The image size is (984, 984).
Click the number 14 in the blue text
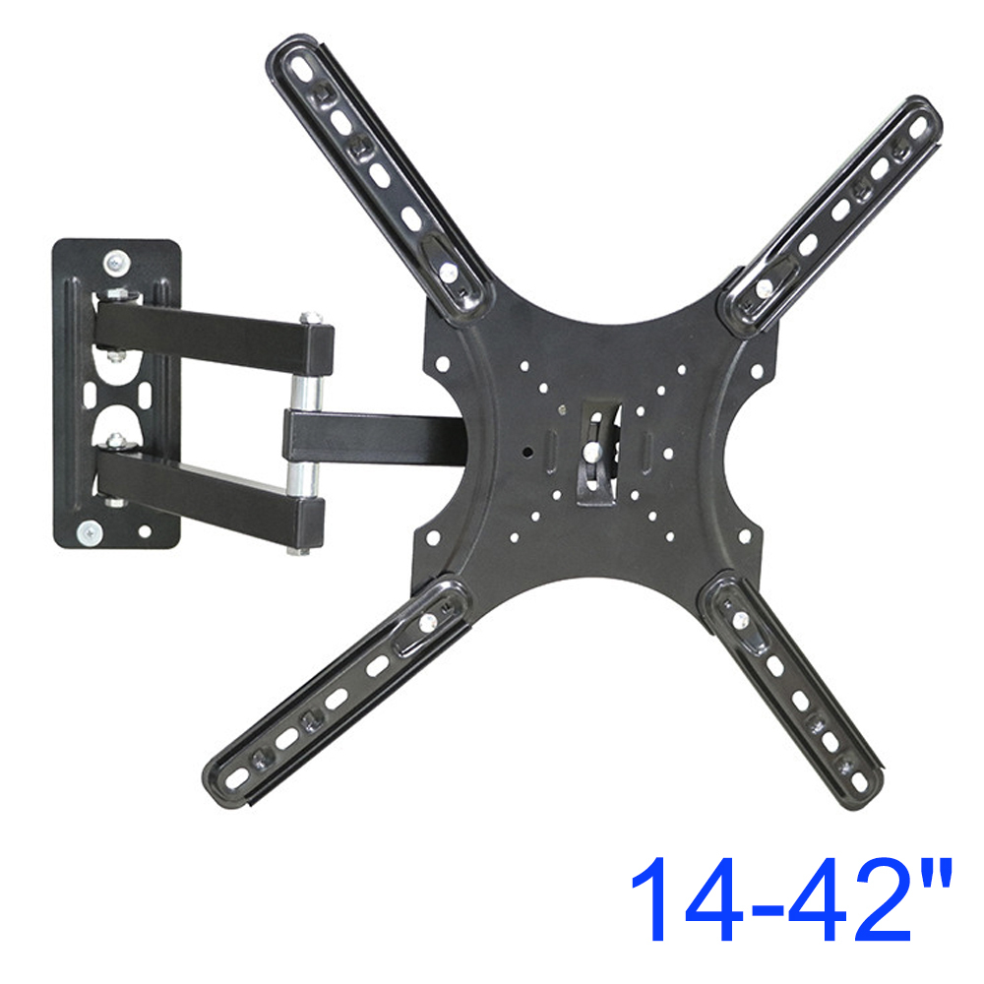[688, 898]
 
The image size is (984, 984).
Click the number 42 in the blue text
[850, 898]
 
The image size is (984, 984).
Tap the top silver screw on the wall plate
[116, 263]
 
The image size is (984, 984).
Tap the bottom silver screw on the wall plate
[90, 533]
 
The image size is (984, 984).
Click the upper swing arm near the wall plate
[214, 336]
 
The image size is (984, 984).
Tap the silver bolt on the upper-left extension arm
[448, 273]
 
